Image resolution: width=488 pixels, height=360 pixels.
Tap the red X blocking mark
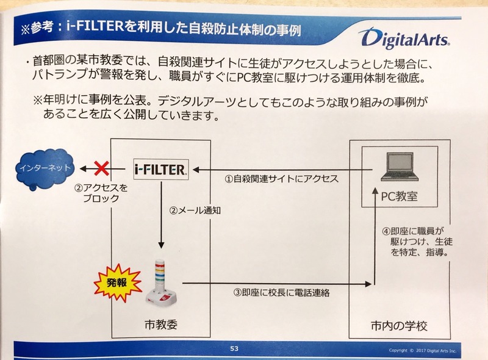(101, 168)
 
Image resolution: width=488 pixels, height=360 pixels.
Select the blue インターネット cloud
(45, 168)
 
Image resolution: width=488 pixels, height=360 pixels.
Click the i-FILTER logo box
(161, 170)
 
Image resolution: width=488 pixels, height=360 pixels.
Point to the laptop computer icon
(399, 167)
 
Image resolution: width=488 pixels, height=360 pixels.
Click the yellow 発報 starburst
(118, 283)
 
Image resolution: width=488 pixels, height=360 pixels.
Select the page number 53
(234, 348)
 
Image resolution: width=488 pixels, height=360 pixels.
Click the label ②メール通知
(195, 211)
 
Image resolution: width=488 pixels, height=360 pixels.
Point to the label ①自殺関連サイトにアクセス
(282, 179)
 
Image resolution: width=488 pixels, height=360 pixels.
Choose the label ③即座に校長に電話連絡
(282, 293)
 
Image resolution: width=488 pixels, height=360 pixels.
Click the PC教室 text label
(400, 196)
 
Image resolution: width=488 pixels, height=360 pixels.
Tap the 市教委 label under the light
(161, 325)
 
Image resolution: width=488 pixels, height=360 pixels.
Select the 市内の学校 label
(400, 326)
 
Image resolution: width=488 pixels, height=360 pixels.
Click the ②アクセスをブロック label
(101, 193)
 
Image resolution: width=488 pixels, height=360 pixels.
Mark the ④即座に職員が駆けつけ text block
(417, 242)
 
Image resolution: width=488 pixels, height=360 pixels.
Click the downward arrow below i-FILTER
(161, 215)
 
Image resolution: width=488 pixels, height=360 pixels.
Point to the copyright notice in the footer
(422, 351)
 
